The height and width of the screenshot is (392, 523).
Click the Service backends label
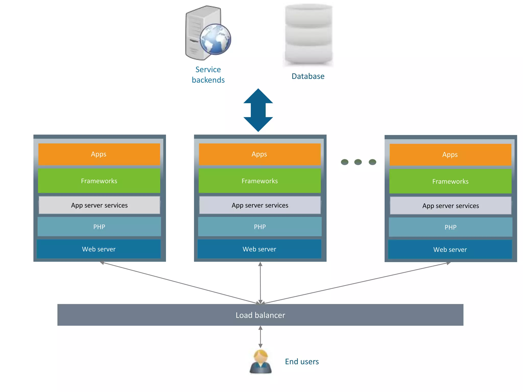(x=208, y=75)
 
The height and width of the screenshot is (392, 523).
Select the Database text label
(x=308, y=76)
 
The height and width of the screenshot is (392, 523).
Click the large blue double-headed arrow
(x=258, y=110)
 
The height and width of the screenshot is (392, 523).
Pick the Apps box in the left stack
(x=99, y=154)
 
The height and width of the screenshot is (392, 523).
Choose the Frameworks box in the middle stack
(x=260, y=181)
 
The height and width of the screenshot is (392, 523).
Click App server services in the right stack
(x=450, y=206)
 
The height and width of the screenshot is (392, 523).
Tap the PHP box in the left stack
(x=99, y=227)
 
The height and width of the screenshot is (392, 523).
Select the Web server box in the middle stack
(x=259, y=249)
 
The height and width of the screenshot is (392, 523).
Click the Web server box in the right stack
(x=450, y=250)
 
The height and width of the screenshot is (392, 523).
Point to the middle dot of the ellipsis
(x=358, y=162)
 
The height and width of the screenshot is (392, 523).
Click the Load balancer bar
(x=260, y=315)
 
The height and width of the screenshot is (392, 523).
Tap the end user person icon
(x=260, y=362)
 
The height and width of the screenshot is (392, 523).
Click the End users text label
(x=302, y=362)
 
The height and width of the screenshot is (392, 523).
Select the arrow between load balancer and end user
(x=260, y=337)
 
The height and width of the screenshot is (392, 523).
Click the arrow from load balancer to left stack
(x=179, y=283)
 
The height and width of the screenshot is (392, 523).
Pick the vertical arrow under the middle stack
(x=260, y=283)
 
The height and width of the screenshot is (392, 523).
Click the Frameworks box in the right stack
(x=450, y=181)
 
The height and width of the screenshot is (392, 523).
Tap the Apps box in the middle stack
(x=259, y=154)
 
